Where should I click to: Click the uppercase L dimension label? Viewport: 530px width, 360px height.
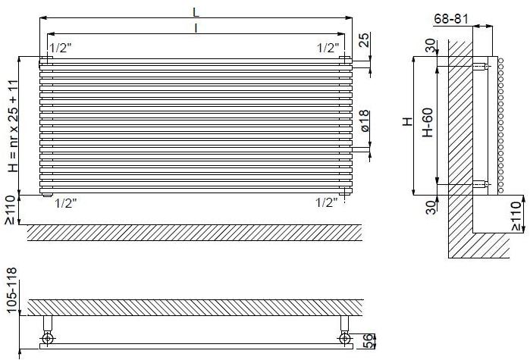(x=196, y=11)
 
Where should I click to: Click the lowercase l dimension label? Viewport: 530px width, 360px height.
(x=196, y=28)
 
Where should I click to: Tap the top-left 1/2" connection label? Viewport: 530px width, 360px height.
(x=60, y=47)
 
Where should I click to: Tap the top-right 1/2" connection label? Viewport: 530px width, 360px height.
(x=328, y=47)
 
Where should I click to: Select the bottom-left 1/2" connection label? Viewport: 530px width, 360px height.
(x=65, y=202)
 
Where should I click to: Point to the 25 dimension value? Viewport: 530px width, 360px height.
(x=365, y=40)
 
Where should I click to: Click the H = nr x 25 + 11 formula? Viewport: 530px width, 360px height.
(x=13, y=125)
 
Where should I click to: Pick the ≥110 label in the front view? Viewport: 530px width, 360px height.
(x=9, y=209)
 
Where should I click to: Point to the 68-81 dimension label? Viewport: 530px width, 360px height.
(x=450, y=17)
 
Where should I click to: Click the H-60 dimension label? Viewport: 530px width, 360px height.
(x=428, y=122)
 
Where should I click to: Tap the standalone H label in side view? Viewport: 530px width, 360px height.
(x=408, y=121)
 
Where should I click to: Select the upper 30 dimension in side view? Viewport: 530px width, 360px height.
(x=430, y=46)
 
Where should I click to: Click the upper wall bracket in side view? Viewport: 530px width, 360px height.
(x=480, y=67)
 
